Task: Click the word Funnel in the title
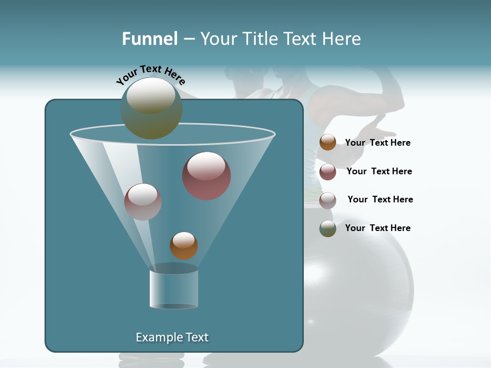(150, 39)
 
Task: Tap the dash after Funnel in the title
(188, 39)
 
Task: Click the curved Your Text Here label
(151, 74)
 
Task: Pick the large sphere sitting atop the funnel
(151, 108)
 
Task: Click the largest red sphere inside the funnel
(207, 176)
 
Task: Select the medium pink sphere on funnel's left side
(143, 201)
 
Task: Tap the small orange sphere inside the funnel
(184, 245)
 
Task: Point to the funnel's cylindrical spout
(174, 289)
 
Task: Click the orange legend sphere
(328, 143)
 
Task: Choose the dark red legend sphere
(328, 172)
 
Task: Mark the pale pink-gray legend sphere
(328, 200)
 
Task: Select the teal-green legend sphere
(328, 228)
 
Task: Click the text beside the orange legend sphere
(377, 143)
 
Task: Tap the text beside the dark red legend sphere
(379, 172)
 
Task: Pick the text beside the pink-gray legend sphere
(380, 200)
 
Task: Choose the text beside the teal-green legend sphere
(377, 228)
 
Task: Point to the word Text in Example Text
(196, 337)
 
